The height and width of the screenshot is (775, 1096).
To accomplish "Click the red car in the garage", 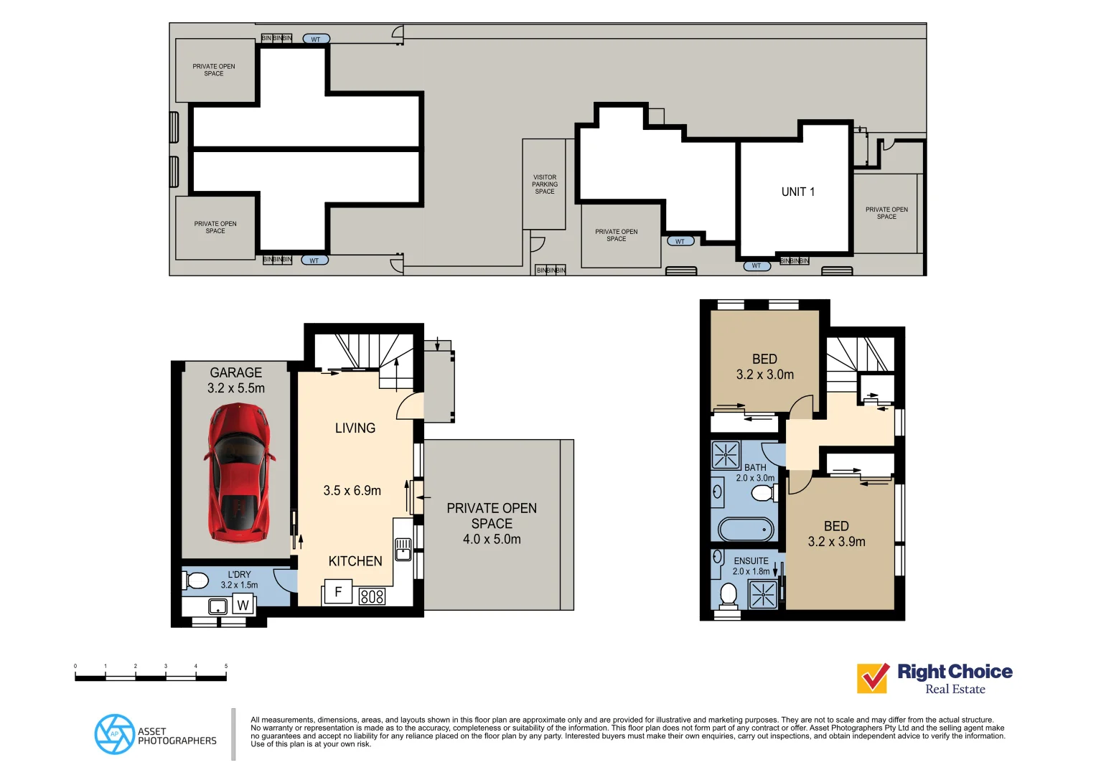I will [238, 472].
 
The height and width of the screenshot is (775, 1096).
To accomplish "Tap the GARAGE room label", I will [235, 372].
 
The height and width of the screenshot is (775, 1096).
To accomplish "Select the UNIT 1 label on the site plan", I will [797, 192].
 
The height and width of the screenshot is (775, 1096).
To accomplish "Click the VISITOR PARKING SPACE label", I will [544, 184].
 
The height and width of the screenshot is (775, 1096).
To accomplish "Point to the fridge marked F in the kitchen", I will [337, 593].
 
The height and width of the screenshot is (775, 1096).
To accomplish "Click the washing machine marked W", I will [243, 605].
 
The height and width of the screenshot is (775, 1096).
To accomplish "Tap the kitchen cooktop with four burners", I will [372, 596].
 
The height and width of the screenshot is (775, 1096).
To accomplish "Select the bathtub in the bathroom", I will [746, 530].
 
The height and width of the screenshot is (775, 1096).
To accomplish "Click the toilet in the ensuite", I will [728, 595].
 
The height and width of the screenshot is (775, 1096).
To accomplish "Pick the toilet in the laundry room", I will [196, 580].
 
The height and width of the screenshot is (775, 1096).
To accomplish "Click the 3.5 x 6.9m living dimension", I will [352, 491].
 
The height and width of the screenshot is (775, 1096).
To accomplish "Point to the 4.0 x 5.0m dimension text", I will [492, 539].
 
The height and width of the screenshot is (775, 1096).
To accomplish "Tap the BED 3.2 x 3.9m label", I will [836, 534].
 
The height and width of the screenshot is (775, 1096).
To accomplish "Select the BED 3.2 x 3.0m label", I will [764, 367].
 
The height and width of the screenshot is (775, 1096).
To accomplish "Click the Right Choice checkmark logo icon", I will [873, 678].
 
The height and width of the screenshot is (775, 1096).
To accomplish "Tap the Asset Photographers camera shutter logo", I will [114, 734].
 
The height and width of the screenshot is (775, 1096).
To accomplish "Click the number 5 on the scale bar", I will [226, 666].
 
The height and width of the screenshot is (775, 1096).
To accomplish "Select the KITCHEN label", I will [355, 561].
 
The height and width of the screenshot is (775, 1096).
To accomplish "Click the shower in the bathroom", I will [726, 455].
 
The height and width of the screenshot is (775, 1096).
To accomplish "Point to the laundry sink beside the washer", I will [217, 606].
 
